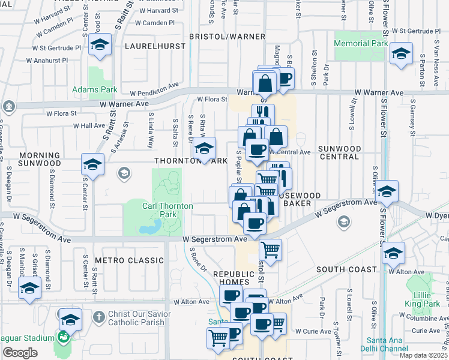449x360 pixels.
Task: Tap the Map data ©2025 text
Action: (x=423, y=355)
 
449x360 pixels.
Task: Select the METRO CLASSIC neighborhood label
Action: (x=133, y=260)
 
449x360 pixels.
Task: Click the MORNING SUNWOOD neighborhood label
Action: (x=40, y=159)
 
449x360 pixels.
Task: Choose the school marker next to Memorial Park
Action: (x=400, y=53)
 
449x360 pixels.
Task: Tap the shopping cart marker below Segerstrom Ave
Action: (x=271, y=249)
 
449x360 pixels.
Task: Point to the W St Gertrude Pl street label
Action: (x=56, y=47)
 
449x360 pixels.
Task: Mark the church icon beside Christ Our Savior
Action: (x=99, y=315)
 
